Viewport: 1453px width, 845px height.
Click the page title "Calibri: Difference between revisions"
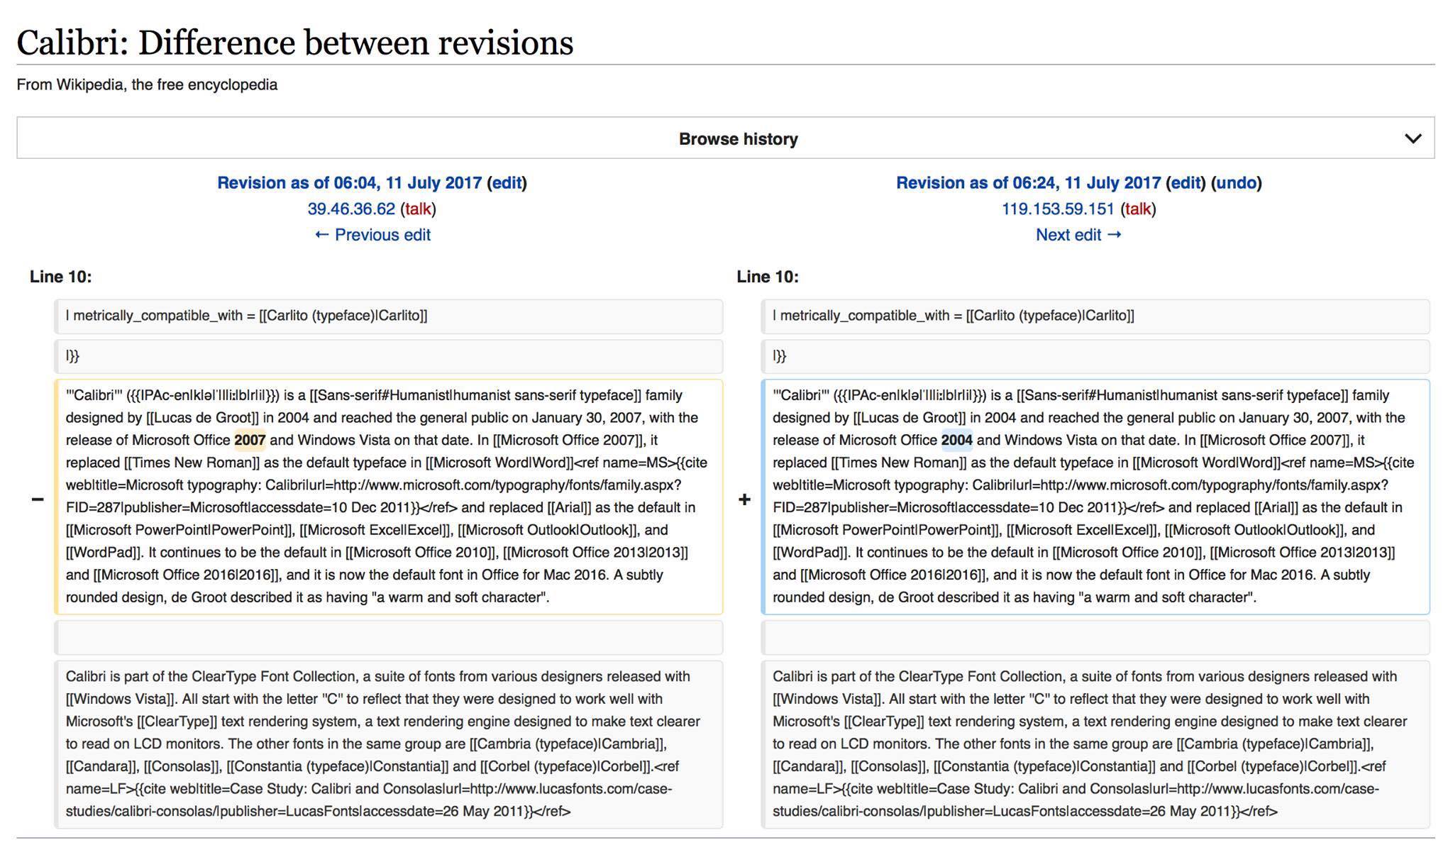click(294, 43)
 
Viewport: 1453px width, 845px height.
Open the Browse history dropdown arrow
click(1413, 138)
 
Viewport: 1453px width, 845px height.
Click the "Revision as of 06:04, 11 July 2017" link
click(349, 183)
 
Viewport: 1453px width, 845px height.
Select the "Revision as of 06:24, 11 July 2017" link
click(1028, 183)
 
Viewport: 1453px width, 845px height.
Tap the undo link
click(1236, 183)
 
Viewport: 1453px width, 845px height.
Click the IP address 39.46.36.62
click(351, 209)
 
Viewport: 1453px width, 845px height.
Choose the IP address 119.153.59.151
click(1058, 209)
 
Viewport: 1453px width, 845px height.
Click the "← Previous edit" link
click(372, 235)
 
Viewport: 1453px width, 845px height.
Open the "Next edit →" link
click(1078, 235)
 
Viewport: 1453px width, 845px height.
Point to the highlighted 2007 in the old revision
click(250, 440)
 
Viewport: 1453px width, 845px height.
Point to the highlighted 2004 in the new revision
click(956, 440)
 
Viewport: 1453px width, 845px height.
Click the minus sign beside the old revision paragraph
click(38, 499)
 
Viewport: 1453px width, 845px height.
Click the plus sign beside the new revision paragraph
click(744, 499)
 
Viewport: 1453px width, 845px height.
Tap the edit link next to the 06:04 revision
click(507, 183)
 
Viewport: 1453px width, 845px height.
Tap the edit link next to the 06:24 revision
click(1186, 183)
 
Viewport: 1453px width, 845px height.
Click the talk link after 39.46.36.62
click(418, 209)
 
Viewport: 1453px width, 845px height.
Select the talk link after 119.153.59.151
click(1138, 209)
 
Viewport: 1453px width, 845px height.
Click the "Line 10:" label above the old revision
click(60, 277)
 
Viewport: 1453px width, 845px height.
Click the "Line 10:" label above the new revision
click(768, 277)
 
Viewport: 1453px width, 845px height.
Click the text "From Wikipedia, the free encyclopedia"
click(147, 84)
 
